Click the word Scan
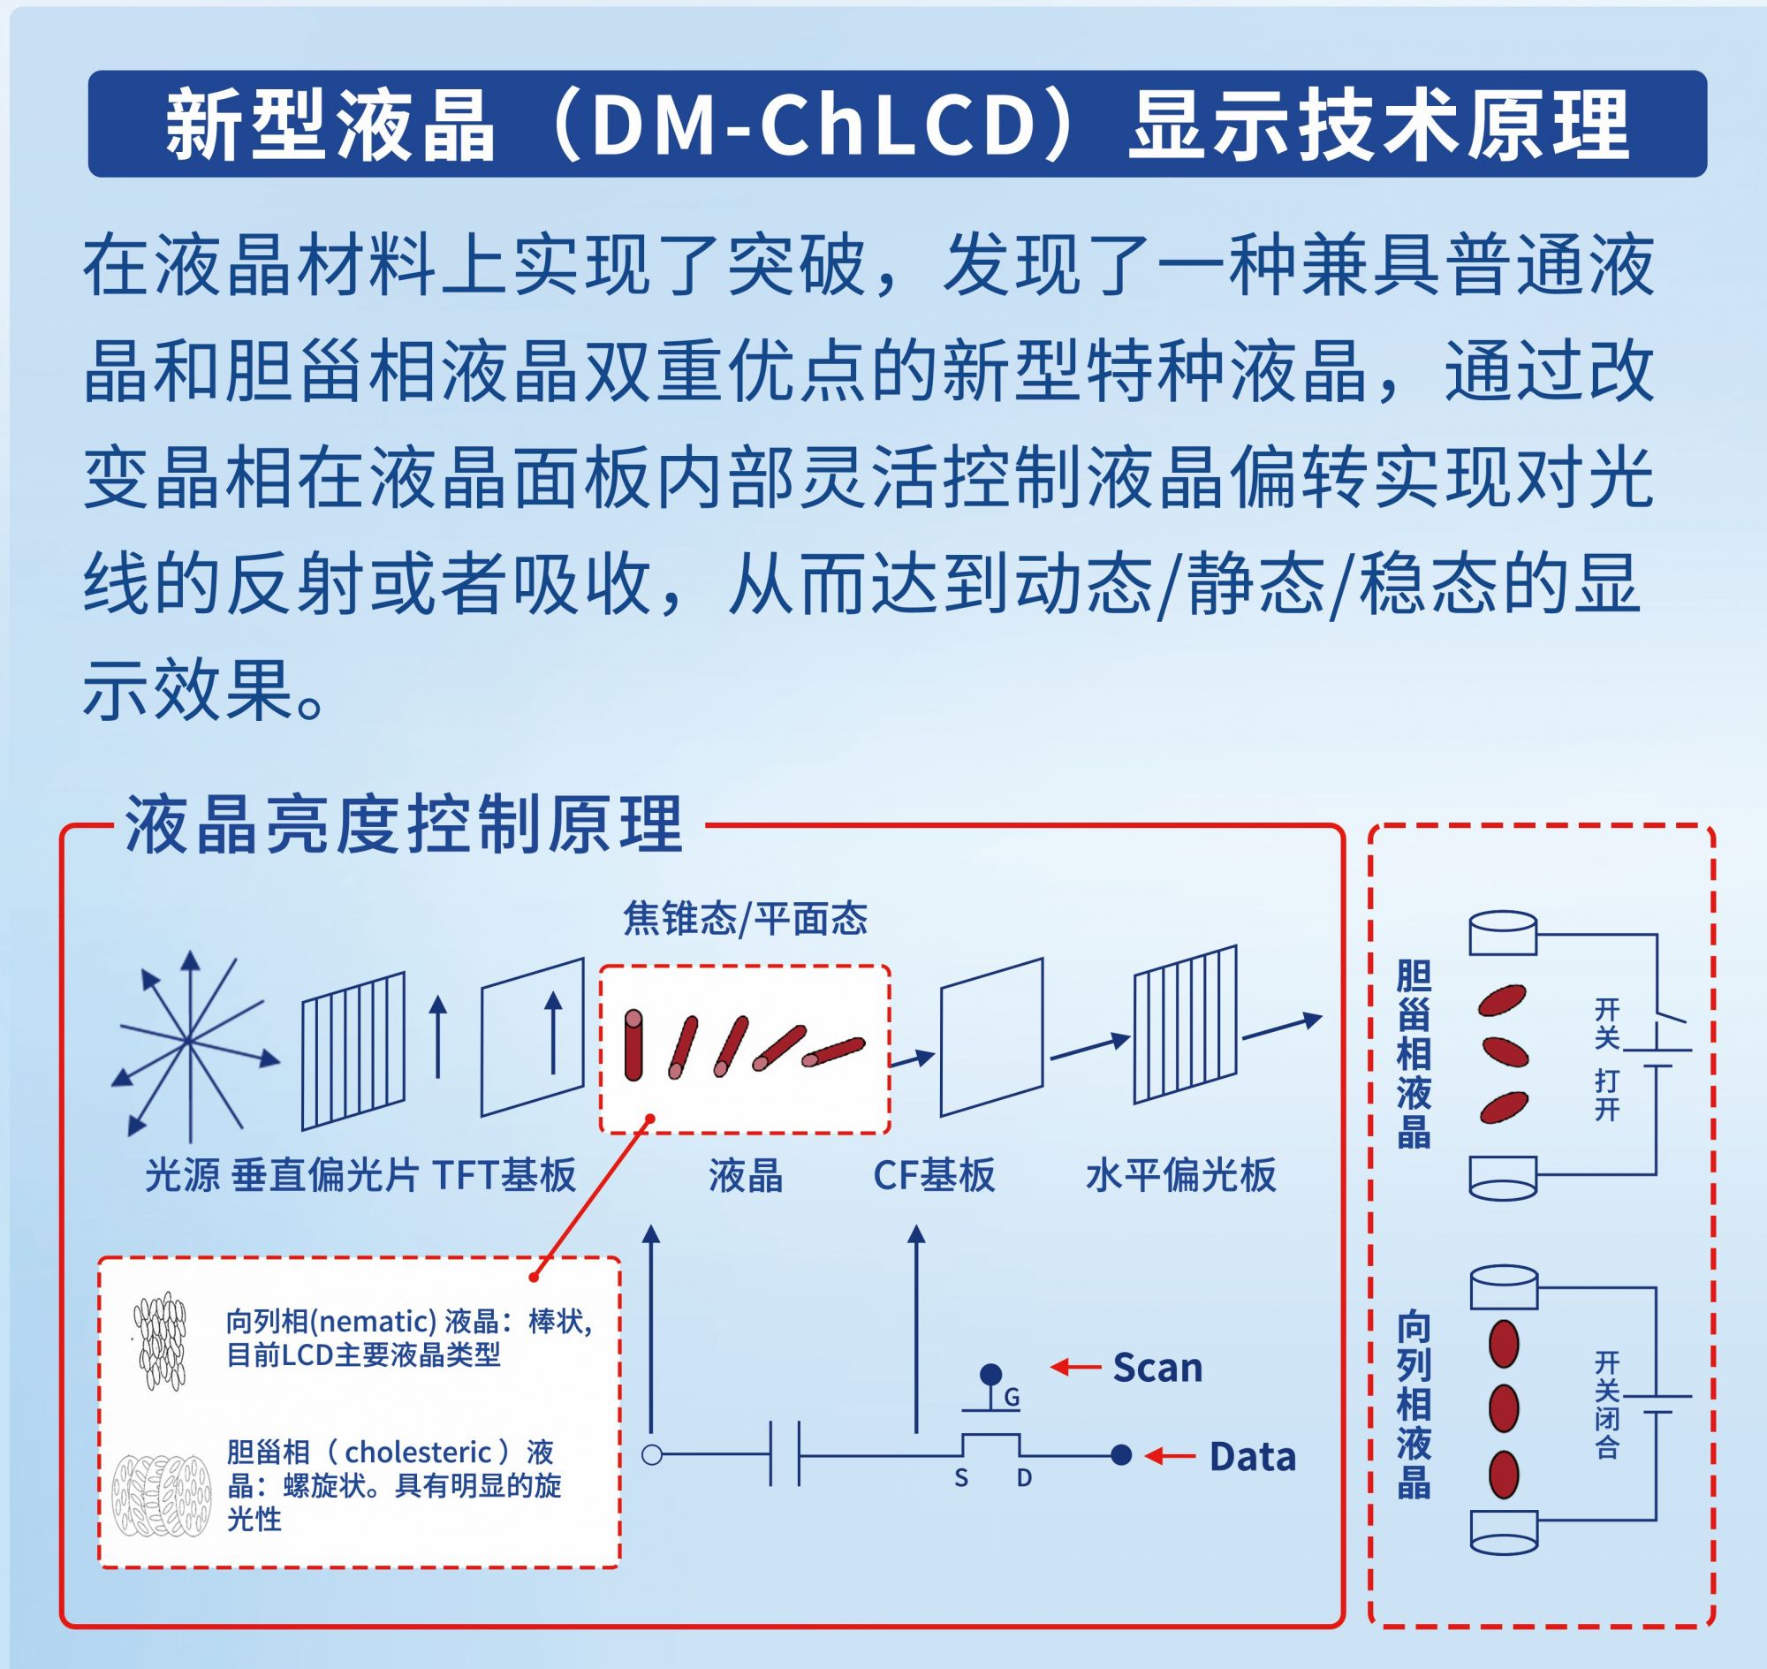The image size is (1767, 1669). [x=1157, y=1368]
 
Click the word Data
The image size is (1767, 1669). [x=1253, y=1456]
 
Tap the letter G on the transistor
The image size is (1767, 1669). [x=1012, y=1399]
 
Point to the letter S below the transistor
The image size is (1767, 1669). [x=961, y=1479]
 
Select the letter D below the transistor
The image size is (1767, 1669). [x=1024, y=1479]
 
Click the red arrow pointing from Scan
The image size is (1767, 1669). [x=1076, y=1368]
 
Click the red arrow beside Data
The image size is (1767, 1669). [x=1170, y=1456]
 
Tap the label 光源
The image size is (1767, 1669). [x=182, y=1175]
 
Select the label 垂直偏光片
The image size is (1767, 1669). [x=325, y=1175]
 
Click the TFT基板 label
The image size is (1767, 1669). [x=504, y=1175]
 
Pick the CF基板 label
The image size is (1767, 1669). [x=934, y=1175]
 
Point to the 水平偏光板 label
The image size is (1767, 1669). [x=1180, y=1175]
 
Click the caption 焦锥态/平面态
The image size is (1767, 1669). [x=746, y=918]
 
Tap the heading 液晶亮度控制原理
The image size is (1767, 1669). [x=405, y=824]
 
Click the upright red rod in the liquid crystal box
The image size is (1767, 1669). [x=633, y=1044]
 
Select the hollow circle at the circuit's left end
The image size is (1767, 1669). [x=652, y=1455]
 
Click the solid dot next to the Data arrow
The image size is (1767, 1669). [x=1122, y=1455]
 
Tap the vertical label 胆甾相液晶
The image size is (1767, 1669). [x=1414, y=1054]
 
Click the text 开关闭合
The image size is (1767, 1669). [x=1607, y=1405]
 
